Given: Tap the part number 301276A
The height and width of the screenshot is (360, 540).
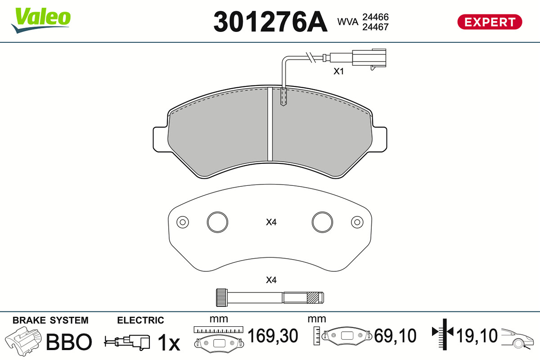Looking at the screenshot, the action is (270, 22).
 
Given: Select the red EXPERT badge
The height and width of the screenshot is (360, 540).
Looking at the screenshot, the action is (490, 22).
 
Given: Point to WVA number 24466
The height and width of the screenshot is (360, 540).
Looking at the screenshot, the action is (375, 17).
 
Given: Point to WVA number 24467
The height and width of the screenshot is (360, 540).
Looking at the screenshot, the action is (375, 27).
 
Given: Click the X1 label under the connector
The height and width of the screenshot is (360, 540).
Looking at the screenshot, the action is (338, 72).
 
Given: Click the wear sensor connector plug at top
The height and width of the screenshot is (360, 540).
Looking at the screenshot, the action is (369, 58).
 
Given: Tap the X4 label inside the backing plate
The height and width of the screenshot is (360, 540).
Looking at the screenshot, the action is (271, 222).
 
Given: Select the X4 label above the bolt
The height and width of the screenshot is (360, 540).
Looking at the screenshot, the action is (271, 280).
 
